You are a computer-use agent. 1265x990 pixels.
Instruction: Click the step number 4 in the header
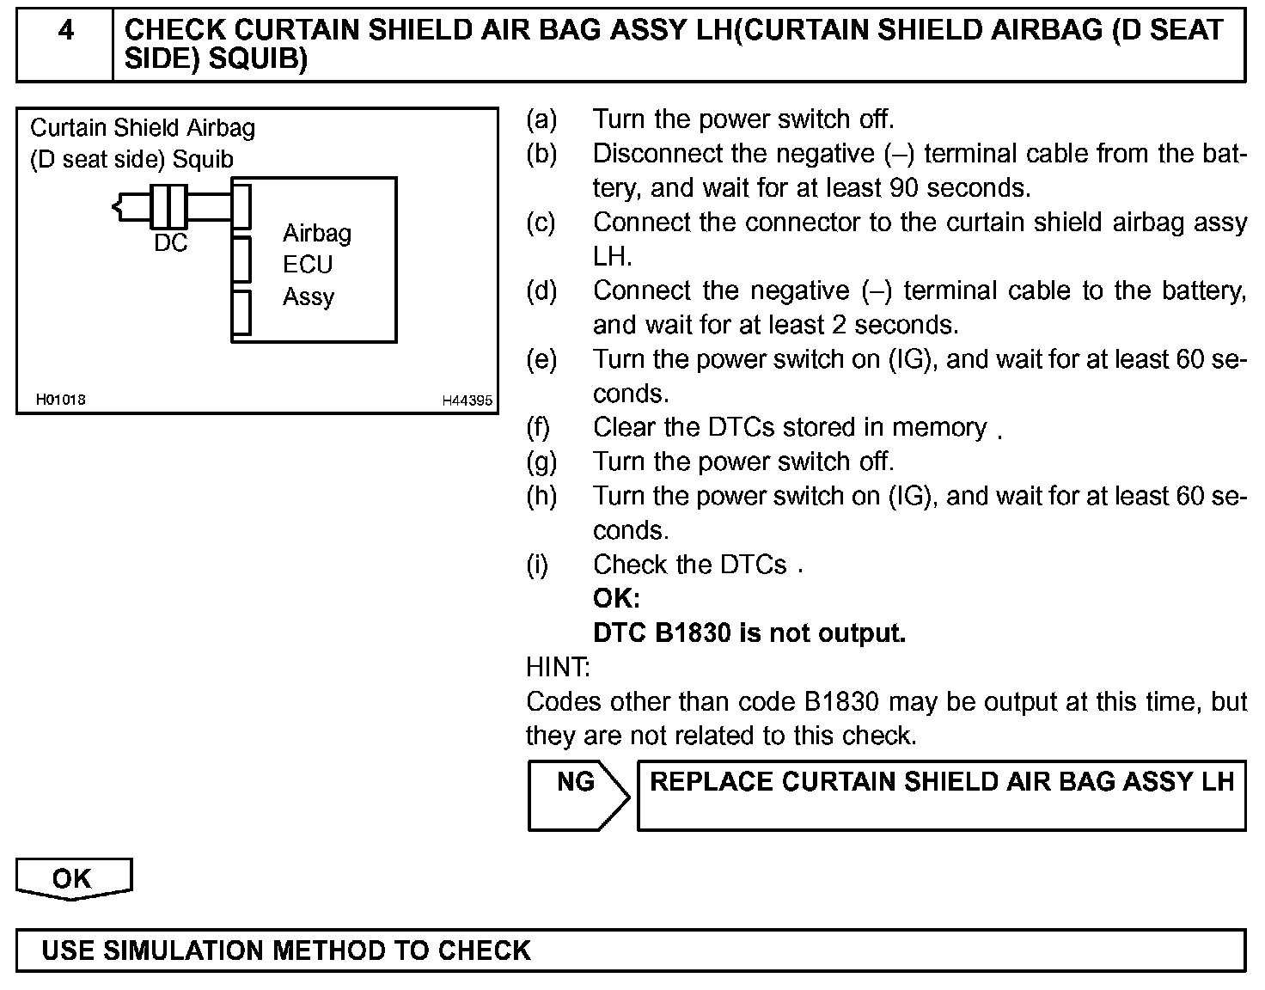pos(65,32)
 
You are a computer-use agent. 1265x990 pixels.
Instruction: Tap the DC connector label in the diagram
pos(170,244)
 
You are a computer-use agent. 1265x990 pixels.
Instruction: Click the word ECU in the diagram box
pos(307,265)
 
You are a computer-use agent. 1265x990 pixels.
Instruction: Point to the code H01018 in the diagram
pos(60,400)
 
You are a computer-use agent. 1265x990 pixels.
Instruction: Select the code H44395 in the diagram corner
pos(467,400)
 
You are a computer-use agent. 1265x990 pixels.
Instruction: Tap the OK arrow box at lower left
pos(73,878)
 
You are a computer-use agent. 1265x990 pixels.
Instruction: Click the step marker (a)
pos(541,119)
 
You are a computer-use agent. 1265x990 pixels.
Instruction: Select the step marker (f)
pos(538,427)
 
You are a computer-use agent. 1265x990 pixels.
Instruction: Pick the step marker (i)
pos(537,565)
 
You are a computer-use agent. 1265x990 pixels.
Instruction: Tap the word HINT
pos(558,667)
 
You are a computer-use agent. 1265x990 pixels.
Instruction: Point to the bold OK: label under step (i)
pos(616,599)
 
